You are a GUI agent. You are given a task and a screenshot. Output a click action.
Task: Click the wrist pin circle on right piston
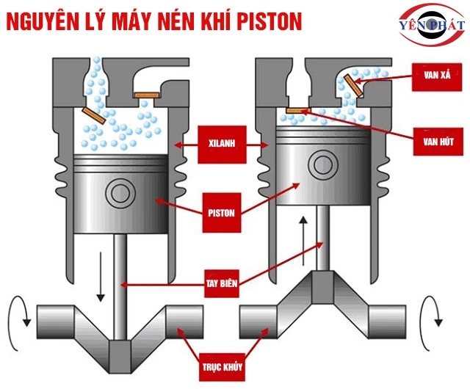click(320, 163)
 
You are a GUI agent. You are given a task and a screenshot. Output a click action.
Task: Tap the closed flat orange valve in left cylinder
click(144, 94)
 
